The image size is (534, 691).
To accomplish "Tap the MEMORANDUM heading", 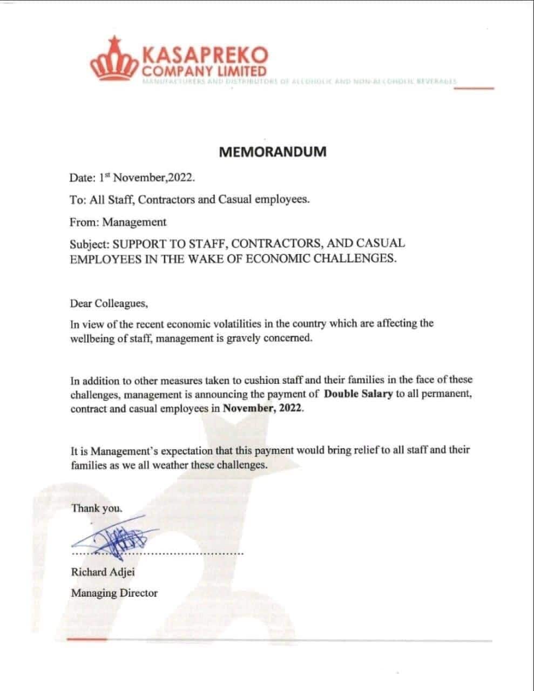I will pyautogui.click(x=273, y=152).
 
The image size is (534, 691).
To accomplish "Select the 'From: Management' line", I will pyautogui.click(x=118, y=222).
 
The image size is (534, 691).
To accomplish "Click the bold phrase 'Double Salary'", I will pyautogui.click(x=358, y=394).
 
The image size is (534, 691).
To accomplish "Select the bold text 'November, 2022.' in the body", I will pyautogui.click(x=263, y=408).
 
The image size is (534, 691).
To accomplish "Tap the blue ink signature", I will pyautogui.click(x=116, y=537).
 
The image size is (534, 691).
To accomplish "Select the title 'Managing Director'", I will pyautogui.click(x=114, y=593).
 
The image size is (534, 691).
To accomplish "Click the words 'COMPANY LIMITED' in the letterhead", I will pyautogui.click(x=204, y=72).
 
